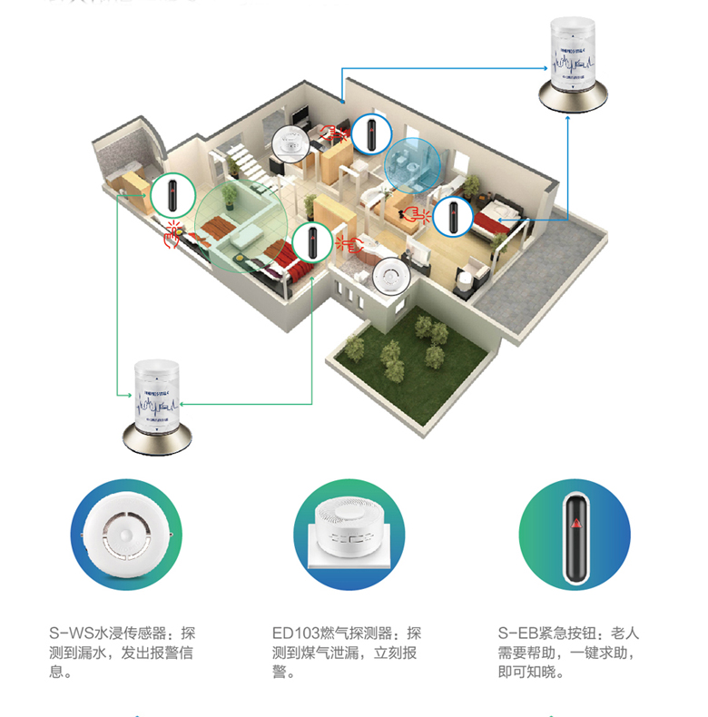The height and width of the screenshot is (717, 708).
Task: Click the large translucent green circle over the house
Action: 238,222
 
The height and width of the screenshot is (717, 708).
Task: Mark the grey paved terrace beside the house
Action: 536,281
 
